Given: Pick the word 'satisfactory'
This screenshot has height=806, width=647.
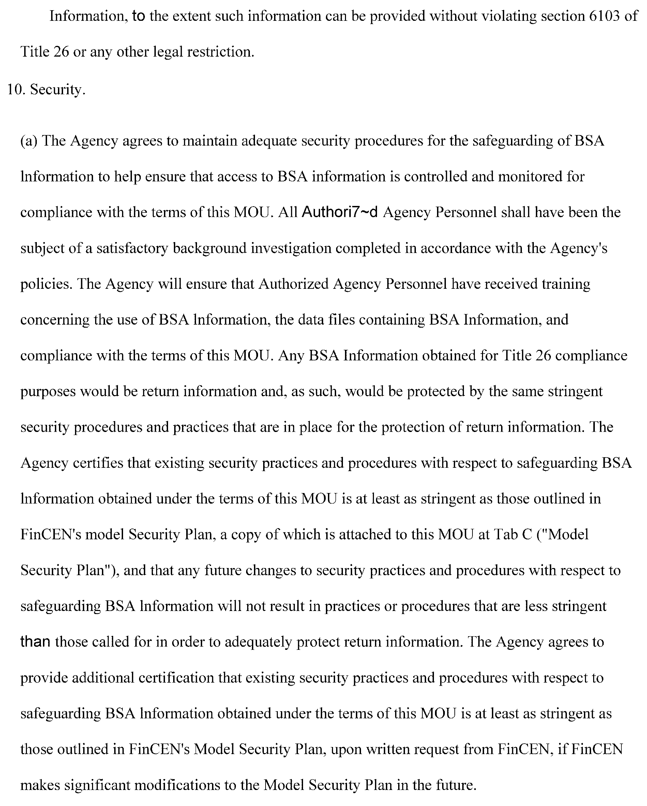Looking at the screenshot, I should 132,248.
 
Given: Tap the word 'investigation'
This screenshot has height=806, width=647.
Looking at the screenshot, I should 291,248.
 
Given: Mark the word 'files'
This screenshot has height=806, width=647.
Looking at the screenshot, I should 342,319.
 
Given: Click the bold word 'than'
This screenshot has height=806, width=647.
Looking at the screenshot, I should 35,642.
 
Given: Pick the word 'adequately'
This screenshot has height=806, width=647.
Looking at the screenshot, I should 258,642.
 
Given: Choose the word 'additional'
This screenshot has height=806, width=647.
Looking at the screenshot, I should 103,678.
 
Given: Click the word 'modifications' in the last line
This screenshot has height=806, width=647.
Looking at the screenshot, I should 177,785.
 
